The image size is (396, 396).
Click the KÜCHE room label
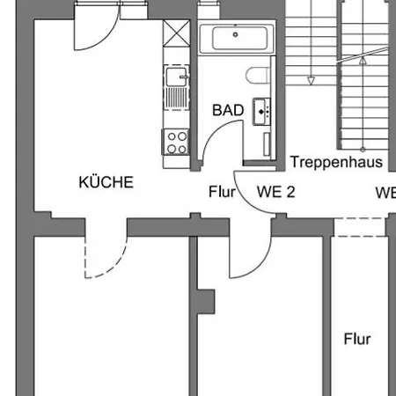coord(106,183)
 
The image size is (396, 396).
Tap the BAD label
coord(227,111)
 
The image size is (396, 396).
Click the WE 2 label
coord(275,191)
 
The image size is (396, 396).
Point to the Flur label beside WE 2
coord(222,191)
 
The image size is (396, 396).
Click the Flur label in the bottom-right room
coord(357,339)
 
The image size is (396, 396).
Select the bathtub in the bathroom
coord(236,40)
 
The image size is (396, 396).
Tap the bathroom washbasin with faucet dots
coord(261,111)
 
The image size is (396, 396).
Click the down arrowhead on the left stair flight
coord(310,80)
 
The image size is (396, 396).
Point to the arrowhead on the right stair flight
coord(362,62)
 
